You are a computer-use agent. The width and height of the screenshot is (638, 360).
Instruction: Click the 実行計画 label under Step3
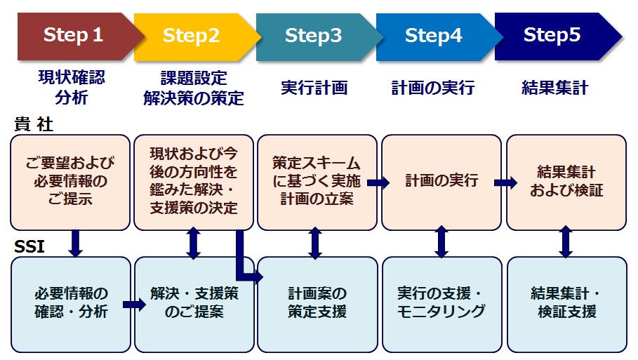(x=314, y=88)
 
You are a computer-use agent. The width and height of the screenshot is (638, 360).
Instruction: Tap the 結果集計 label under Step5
(x=554, y=88)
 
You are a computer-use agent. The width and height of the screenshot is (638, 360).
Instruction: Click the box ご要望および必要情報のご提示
(x=70, y=182)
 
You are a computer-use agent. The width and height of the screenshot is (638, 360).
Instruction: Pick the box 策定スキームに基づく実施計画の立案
(x=317, y=182)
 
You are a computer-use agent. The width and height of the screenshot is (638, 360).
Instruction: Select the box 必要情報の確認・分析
(x=71, y=303)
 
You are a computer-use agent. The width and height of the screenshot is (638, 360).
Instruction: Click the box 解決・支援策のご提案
(x=194, y=303)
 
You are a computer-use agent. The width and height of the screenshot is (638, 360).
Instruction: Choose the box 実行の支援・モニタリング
(x=441, y=303)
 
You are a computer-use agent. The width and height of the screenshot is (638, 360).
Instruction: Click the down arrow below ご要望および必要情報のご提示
(x=76, y=242)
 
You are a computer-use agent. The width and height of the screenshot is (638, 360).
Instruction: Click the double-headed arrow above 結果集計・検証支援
(x=565, y=242)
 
